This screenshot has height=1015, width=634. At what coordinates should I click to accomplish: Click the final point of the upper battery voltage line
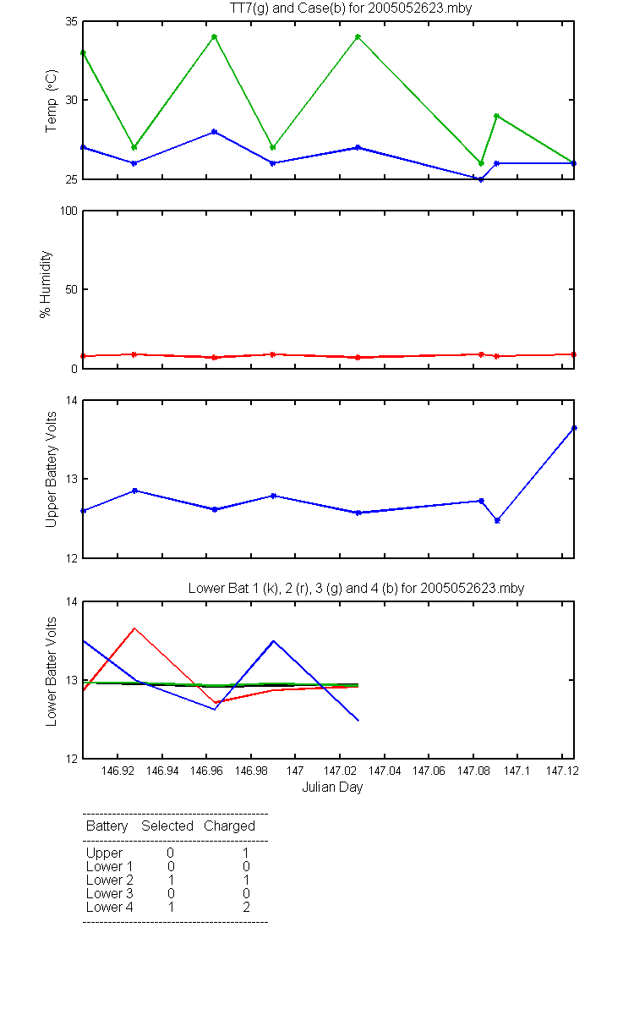click(574, 428)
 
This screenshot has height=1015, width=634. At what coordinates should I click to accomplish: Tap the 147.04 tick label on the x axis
click(385, 771)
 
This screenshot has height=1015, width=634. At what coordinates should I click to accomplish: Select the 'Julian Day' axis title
click(332, 787)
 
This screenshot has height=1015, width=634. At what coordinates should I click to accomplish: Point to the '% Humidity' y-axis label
click(46, 284)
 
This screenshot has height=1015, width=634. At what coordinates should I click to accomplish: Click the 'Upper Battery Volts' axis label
click(52, 469)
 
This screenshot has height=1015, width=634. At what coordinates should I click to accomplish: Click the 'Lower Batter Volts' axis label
click(52, 672)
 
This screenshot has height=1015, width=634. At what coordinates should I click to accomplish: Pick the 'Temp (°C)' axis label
click(52, 101)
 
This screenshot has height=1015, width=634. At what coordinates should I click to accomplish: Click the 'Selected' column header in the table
click(167, 826)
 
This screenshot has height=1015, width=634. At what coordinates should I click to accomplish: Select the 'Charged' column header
click(230, 826)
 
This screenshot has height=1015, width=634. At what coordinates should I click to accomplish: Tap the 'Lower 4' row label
click(110, 907)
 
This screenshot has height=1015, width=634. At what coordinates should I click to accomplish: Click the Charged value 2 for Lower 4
click(246, 907)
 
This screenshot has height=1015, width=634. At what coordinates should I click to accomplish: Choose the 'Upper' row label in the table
click(104, 853)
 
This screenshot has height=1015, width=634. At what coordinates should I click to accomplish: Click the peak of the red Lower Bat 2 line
click(134, 628)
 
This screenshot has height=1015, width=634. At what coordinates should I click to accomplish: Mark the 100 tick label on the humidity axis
click(68, 211)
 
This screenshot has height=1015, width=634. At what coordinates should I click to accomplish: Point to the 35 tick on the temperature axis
click(72, 21)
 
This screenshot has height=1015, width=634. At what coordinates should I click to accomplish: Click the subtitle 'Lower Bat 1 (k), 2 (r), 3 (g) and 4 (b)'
click(293, 588)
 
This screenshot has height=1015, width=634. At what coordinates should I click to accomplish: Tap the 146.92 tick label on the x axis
click(118, 771)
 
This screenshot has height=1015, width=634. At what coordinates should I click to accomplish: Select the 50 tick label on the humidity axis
click(72, 289)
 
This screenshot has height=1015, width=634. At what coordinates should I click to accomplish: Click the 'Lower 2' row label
click(110, 880)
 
